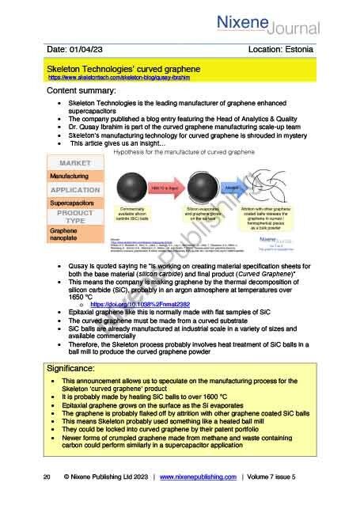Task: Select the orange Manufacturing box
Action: tap(70, 175)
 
